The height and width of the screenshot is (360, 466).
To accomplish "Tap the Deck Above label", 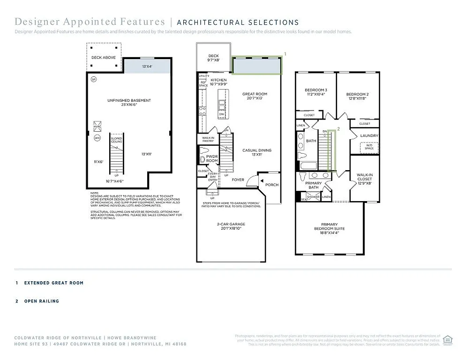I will (103, 58).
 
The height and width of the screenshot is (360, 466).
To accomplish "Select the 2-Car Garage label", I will (230, 224).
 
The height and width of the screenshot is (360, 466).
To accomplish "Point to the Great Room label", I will (255, 94).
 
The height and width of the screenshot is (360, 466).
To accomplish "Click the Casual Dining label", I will (257, 150).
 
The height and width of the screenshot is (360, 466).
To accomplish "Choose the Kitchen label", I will (218, 80).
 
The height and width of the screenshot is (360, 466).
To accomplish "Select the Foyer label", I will (238, 180).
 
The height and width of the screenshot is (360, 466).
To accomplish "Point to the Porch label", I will (271, 185).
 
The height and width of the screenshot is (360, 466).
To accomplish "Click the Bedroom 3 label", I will (316, 90).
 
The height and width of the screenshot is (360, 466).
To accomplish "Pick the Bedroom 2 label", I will (356, 90).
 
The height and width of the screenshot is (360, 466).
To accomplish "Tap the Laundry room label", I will (369, 136).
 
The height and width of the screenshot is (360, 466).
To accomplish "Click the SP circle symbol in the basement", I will (94, 80).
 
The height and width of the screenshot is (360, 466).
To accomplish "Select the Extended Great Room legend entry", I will (53, 283).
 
